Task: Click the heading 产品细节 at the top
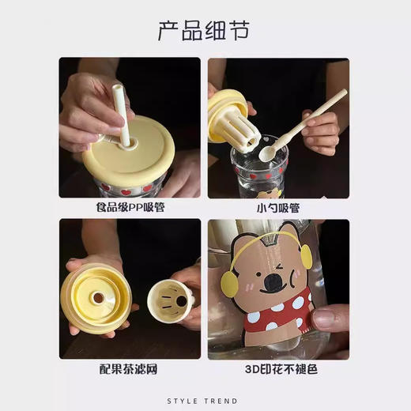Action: pos(205,30)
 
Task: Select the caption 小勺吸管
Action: pos(278,208)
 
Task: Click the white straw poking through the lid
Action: pos(123,115)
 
